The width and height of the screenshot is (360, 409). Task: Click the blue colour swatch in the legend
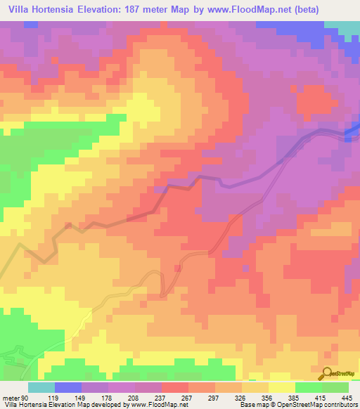point(68,387)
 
